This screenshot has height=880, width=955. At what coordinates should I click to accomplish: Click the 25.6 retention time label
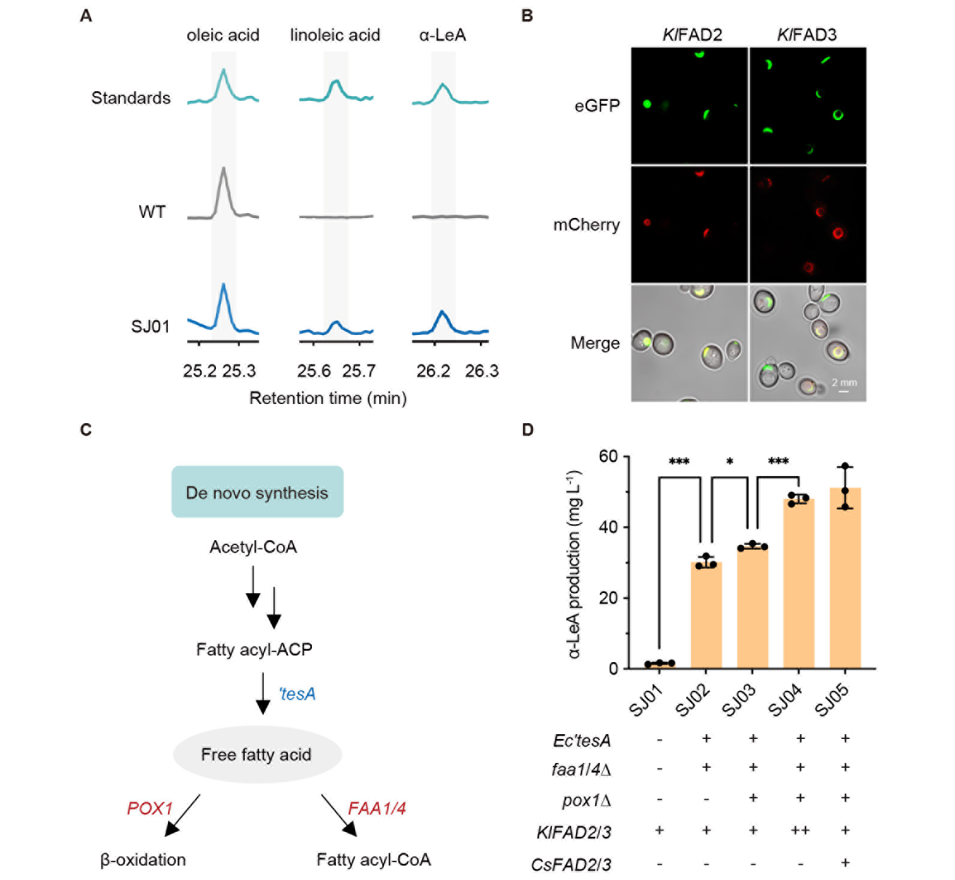pos(314,371)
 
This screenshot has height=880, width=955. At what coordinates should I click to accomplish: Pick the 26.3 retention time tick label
pos(482,371)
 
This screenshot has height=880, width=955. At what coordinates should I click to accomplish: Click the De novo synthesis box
pos(257,492)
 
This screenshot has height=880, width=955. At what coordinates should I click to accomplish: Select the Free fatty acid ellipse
pos(257,755)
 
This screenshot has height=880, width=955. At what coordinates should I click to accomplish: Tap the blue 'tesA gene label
pos(297,694)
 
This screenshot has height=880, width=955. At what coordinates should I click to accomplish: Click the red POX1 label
pos(149,809)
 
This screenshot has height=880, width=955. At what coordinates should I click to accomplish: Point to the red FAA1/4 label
pos(377,809)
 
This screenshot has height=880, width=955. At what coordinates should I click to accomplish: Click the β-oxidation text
pos(143,860)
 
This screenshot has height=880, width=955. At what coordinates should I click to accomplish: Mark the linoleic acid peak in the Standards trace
pos(336,82)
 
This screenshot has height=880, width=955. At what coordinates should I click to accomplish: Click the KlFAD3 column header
pos(806,35)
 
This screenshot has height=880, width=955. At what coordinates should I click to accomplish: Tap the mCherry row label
pos(586,225)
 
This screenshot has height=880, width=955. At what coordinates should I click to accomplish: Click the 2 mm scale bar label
pos(844,382)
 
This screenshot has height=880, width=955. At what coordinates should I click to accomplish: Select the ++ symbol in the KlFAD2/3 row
pos(800,831)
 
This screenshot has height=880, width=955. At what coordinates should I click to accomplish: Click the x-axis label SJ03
pos(738,701)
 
